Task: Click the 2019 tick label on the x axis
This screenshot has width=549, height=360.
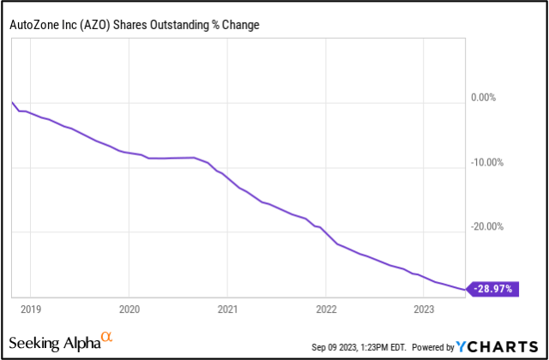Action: point(30,308)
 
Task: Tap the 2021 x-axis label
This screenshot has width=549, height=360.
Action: point(227,308)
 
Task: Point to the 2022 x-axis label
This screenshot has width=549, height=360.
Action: point(326,308)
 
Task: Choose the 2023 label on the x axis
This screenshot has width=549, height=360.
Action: point(424,308)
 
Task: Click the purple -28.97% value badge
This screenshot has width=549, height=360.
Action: point(494,289)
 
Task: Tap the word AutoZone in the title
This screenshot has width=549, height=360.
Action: point(34,25)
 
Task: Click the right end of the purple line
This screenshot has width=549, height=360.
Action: point(468,289)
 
